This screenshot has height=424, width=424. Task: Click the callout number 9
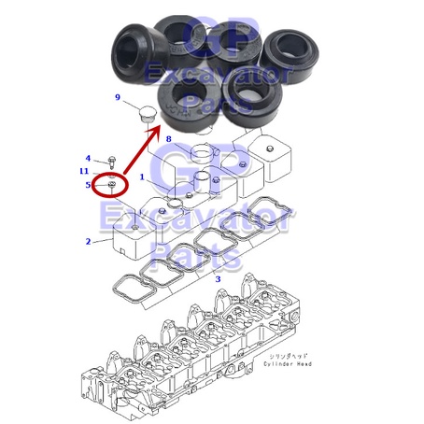click(118, 98)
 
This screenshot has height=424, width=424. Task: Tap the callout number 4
click(88, 159)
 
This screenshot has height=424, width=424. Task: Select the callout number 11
click(84, 172)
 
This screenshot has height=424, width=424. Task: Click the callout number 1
click(143, 177)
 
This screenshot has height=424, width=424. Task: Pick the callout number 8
click(168, 140)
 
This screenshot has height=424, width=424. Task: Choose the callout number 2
click(88, 242)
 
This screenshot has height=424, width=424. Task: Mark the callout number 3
click(218, 278)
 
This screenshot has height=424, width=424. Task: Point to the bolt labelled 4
click(111, 162)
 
